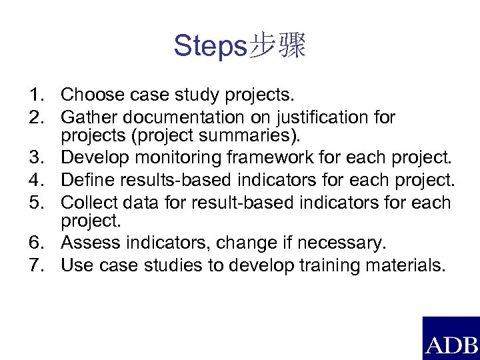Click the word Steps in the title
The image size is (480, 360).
209,46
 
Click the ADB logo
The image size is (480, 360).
451,339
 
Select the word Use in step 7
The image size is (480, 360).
75,265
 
